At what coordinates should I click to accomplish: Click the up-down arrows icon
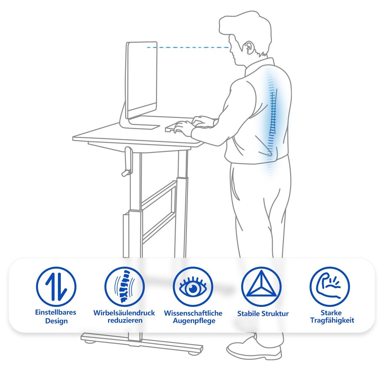[x=56, y=287]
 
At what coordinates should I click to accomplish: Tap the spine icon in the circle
[x=124, y=287]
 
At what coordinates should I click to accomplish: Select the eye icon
[x=193, y=287]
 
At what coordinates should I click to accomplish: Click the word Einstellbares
[x=56, y=312]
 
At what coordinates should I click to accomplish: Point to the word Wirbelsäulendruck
[x=124, y=313]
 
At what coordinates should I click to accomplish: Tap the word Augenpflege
[x=194, y=321]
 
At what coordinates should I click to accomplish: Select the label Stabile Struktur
[x=263, y=314]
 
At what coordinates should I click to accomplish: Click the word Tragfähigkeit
[x=332, y=320]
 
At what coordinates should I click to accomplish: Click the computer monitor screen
[x=142, y=80]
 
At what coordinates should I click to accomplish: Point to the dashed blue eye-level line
[x=188, y=48]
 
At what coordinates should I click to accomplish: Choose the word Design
[x=57, y=321]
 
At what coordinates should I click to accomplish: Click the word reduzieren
[x=125, y=320]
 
